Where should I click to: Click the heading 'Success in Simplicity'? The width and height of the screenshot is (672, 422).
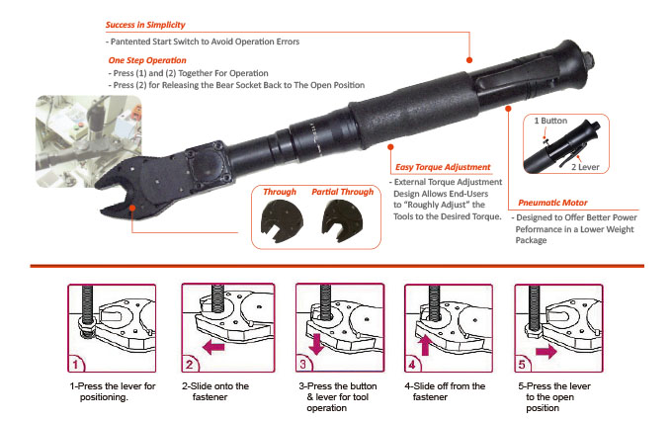pyautogui.click(x=144, y=24)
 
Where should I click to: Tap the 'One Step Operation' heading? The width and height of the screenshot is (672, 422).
pyautogui.click(x=145, y=61)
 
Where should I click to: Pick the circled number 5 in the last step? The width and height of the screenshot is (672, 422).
pyautogui.click(x=525, y=362)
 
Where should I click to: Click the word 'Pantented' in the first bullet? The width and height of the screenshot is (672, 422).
pyautogui.click(x=134, y=42)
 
